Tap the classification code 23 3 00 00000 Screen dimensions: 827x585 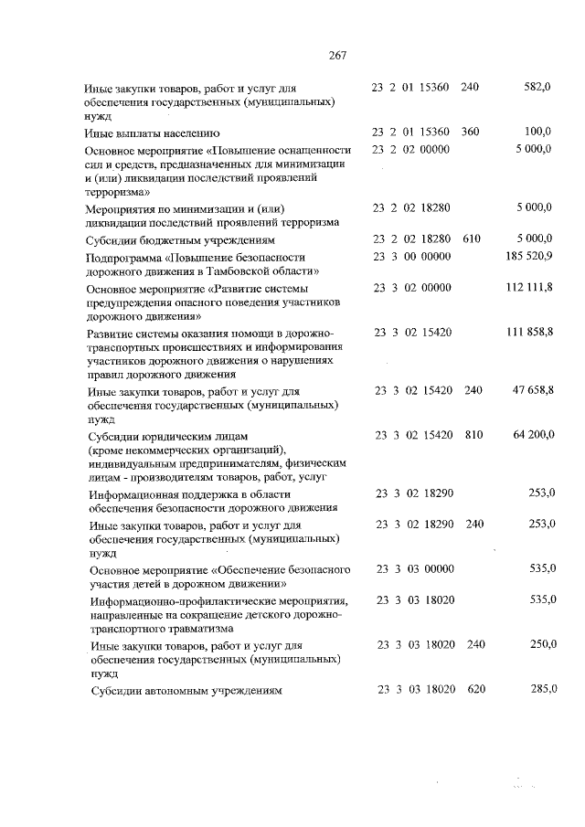413,257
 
